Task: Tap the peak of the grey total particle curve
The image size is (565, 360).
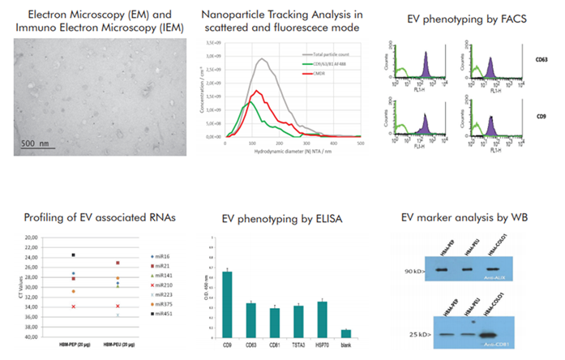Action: point(262,58)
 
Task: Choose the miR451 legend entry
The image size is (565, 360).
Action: point(165,313)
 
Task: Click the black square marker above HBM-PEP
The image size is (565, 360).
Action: point(73,255)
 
